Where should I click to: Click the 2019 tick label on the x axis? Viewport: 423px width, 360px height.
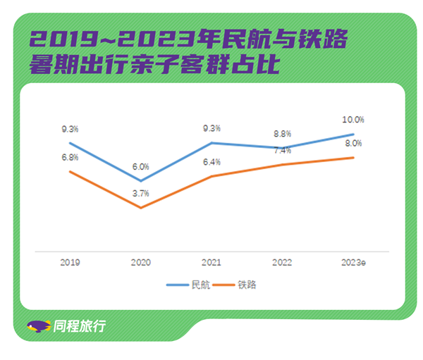pyautogui.click(x=70, y=262)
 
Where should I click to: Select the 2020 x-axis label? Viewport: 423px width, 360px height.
pyautogui.click(x=140, y=262)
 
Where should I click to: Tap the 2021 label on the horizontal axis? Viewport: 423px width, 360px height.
pyautogui.click(x=211, y=262)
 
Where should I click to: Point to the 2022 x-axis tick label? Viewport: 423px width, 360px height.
pyautogui.click(x=281, y=262)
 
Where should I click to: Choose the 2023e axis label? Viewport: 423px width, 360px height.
pyautogui.click(x=353, y=262)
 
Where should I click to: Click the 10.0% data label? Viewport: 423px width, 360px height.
pyautogui.click(x=353, y=120)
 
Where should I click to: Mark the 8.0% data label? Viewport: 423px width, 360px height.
pyautogui.click(x=353, y=144)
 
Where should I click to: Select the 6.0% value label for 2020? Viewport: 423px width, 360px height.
pyautogui.click(x=140, y=167)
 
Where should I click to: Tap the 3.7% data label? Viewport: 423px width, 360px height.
pyautogui.click(x=140, y=194)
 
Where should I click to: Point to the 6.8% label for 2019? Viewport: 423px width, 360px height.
pyautogui.click(x=70, y=157)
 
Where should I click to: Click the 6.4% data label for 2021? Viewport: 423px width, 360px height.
pyautogui.click(x=211, y=162)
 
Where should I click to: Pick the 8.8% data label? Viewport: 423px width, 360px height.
pyautogui.click(x=281, y=132)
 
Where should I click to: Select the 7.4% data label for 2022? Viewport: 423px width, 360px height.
pyautogui.click(x=281, y=150)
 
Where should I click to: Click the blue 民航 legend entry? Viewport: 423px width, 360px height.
pyautogui.click(x=188, y=285)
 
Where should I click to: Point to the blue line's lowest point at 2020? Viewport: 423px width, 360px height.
pyautogui.click(x=140, y=181)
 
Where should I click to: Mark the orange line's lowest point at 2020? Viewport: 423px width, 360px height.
pyautogui.click(x=140, y=208)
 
